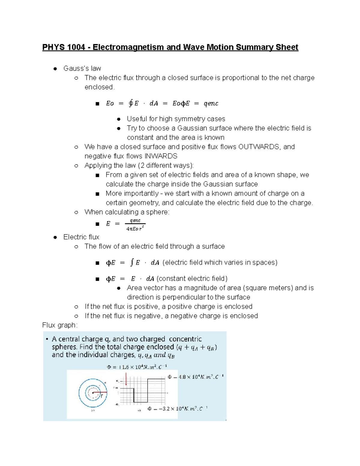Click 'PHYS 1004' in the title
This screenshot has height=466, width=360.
click(64, 47)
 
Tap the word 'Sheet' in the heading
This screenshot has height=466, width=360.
click(287, 47)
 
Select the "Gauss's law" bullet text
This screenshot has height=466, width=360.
click(82, 68)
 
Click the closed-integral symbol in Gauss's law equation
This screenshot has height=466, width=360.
click(130, 103)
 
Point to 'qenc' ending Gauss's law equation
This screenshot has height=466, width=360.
click(211, 104)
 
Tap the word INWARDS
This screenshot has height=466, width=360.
click(161, 156)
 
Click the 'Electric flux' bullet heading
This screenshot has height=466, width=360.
click(81, 237)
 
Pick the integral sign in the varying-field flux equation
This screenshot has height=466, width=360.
click(131, 263)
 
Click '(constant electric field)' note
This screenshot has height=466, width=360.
click(192, 278)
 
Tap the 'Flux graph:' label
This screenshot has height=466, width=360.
click(60, 325)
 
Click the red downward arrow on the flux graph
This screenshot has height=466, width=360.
click(126, 379)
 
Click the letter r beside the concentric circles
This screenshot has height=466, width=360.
click(102, 396)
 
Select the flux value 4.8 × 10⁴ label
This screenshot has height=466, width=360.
click(195, 377)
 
